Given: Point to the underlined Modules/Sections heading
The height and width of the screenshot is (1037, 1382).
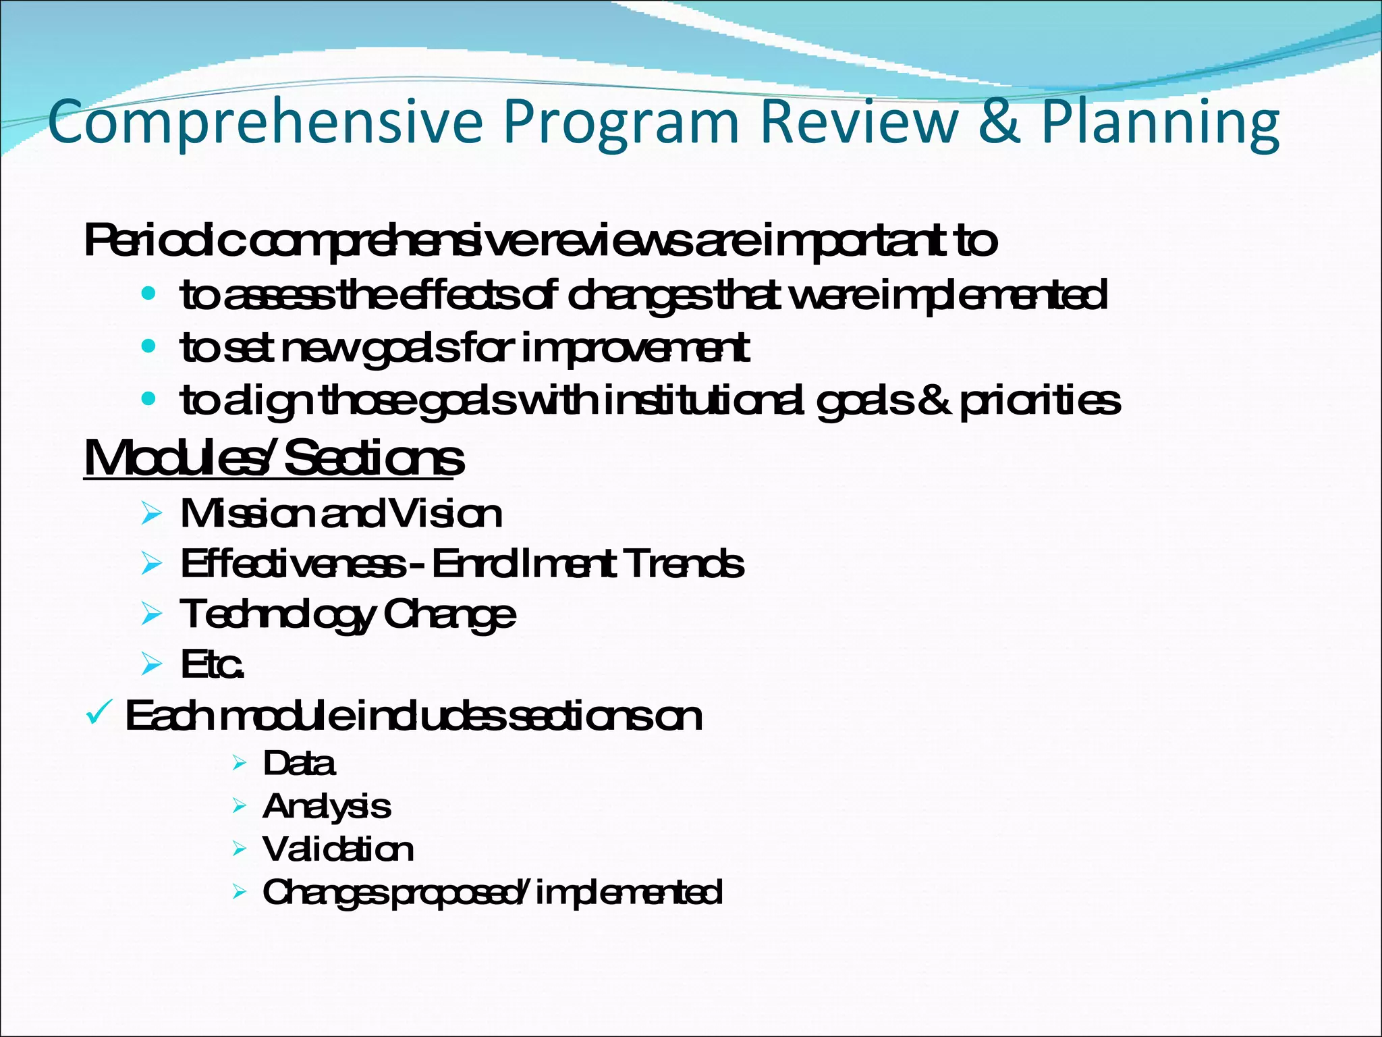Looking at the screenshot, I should click(273, 458).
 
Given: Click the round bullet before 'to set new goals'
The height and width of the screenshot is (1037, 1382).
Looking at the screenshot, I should click(148, 348).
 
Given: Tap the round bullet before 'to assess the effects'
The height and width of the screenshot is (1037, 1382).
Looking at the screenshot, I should click(148, 295).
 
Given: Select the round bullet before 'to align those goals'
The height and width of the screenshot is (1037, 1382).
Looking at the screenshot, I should click(148, 400).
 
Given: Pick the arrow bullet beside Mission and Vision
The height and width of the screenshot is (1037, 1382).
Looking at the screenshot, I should click(152, 514).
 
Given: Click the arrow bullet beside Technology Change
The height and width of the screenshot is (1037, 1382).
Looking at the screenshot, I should click(152, 614).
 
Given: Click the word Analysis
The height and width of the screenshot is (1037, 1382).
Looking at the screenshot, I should click(327, 806).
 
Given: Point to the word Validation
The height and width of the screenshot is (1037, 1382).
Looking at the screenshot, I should click(338, 849).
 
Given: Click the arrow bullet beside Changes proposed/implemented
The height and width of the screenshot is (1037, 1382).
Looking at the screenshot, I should click(239, 893).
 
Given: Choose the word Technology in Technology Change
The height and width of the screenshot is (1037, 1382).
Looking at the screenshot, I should click(277, 615).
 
